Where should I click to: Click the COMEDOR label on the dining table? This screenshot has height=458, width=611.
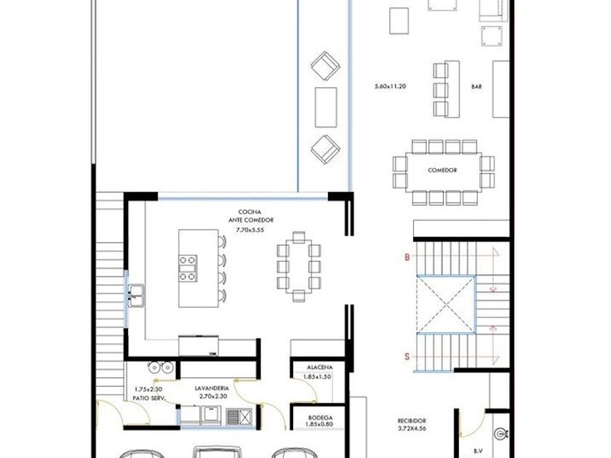442,170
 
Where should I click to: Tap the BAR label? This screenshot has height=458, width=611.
476,87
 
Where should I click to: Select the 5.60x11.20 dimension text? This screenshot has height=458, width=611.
390,86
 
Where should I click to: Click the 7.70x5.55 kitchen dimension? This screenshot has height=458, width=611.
249,230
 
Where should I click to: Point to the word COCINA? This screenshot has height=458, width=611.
249,212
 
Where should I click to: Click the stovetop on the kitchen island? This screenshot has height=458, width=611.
188,268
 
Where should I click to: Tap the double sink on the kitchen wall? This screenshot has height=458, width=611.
136,296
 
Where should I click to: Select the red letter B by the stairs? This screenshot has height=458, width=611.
407,257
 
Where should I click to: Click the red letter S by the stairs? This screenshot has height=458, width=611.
407,356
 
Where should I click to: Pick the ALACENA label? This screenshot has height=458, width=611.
319,367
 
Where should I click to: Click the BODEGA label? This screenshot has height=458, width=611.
320,417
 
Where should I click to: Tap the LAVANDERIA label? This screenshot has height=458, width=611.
212,388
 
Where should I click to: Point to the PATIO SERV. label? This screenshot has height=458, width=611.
149,398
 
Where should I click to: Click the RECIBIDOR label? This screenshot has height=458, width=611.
412,421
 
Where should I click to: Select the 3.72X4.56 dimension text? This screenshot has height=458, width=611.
412,428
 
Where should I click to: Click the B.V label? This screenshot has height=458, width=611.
478,451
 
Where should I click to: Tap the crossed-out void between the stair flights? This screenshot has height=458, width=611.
446,305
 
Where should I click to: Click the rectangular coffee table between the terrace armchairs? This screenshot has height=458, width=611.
326,107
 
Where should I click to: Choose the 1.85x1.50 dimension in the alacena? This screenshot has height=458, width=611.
317,377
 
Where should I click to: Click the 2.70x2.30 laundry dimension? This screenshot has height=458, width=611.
213,396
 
